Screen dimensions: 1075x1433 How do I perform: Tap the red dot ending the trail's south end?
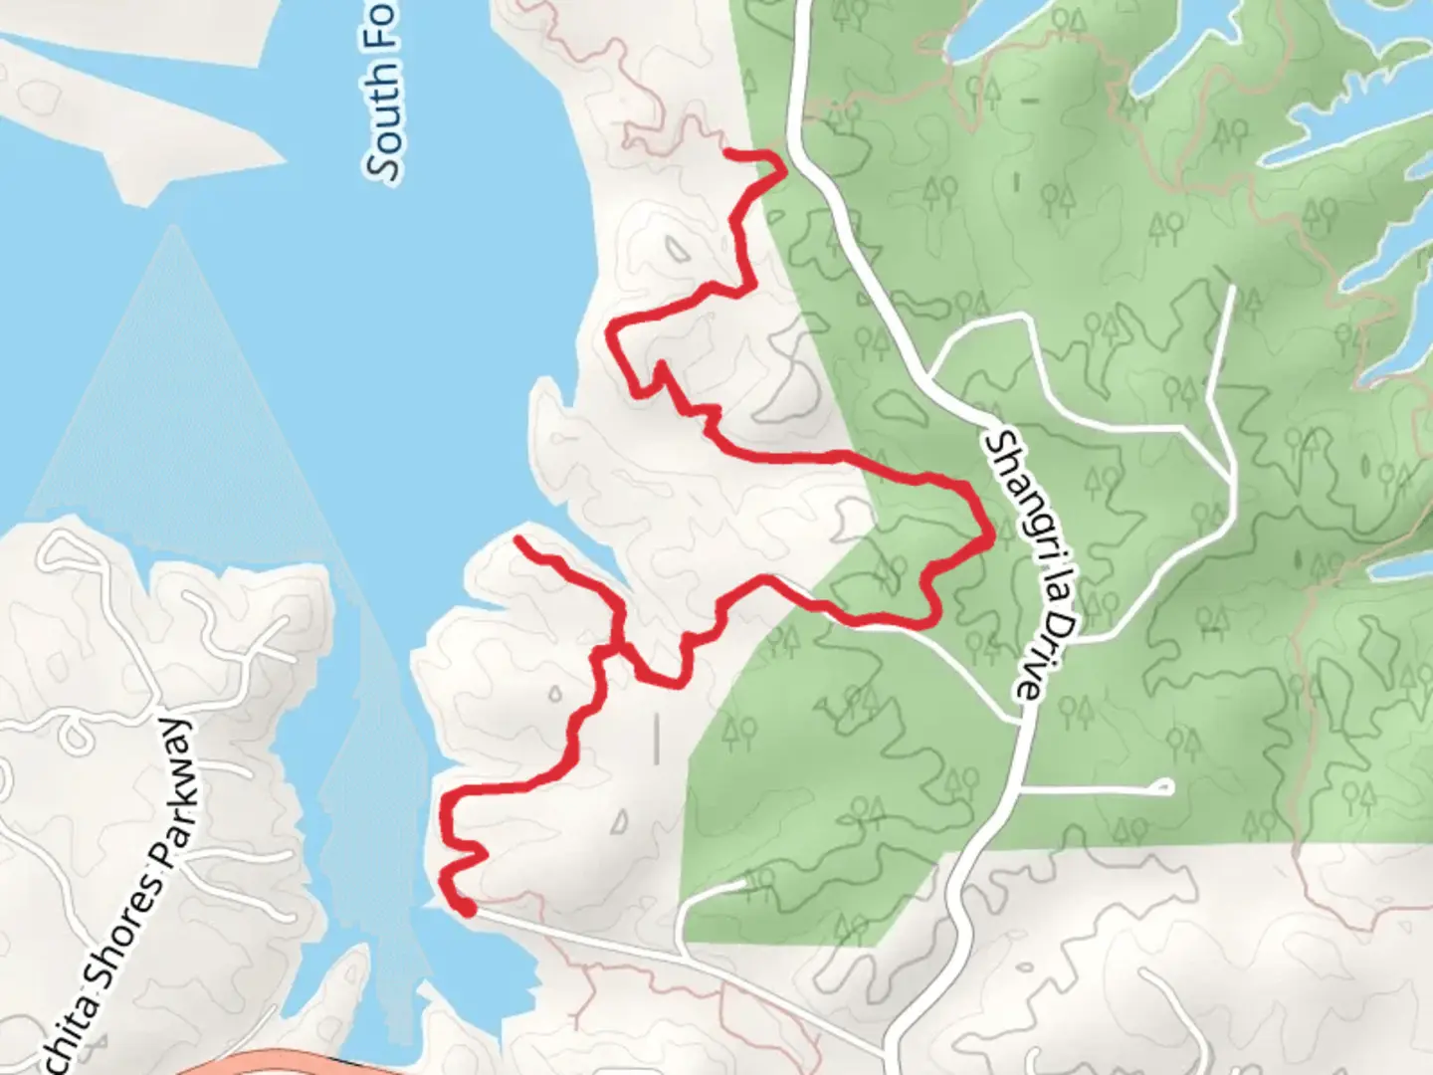pos(465,908)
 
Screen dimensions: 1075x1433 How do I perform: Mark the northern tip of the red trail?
pos(728,152)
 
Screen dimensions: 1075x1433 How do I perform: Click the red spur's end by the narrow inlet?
pos(518,539)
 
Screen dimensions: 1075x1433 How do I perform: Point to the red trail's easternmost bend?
pos(991,538)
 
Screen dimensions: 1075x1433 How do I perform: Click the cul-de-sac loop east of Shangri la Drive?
pos(1162,787)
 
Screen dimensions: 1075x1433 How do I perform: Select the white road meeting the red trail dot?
pos(597,936)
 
